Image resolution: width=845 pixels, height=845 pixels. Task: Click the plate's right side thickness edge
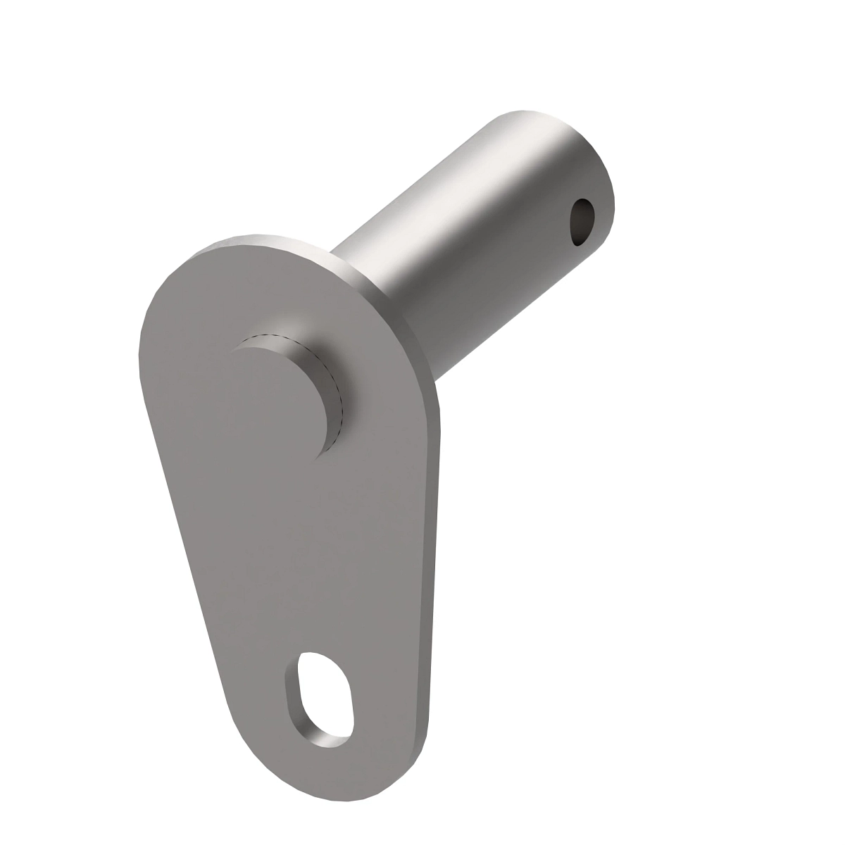tap(433, 563)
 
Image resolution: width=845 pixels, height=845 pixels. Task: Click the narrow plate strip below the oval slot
tap(331, 768)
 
